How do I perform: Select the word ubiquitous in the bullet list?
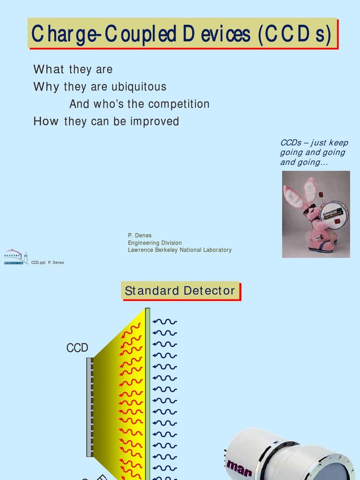[x=138, y=87]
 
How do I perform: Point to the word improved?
[x=155, y=121]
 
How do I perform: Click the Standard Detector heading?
[x=180, y=291]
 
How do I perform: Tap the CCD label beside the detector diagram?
[x=77, y=348]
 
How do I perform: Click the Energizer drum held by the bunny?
[x=334, y=215]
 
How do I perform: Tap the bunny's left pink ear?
[x=293, y=197]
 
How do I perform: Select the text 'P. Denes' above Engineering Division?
[x=140, y=235]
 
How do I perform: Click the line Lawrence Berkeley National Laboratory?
[x=180, y=250]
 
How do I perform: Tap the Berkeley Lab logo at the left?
[x=15, y=257]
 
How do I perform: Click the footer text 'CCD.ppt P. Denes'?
[x=47, y=262]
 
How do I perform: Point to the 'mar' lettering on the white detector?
[x=240, y=467]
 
